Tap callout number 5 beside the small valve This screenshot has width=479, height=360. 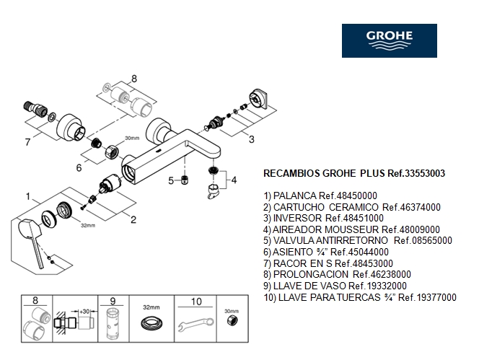click(171, 180)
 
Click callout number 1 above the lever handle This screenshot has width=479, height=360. click(28, 196)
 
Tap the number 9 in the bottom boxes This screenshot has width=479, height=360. click(113, 301)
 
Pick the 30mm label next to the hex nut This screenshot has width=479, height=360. click(132, 138)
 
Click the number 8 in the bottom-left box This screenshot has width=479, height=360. click(38, 301)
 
